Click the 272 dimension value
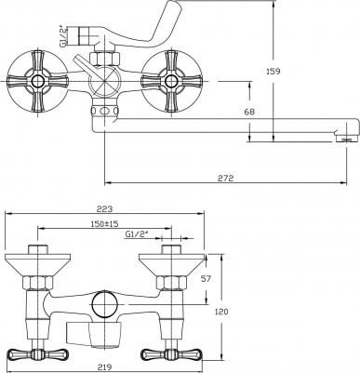225,178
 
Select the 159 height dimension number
273,71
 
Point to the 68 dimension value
249,112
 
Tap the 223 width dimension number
104,209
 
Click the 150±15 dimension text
105,223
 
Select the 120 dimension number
221,311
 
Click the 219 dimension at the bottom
104,367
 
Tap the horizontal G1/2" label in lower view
137,234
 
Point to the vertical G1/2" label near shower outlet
63,35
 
